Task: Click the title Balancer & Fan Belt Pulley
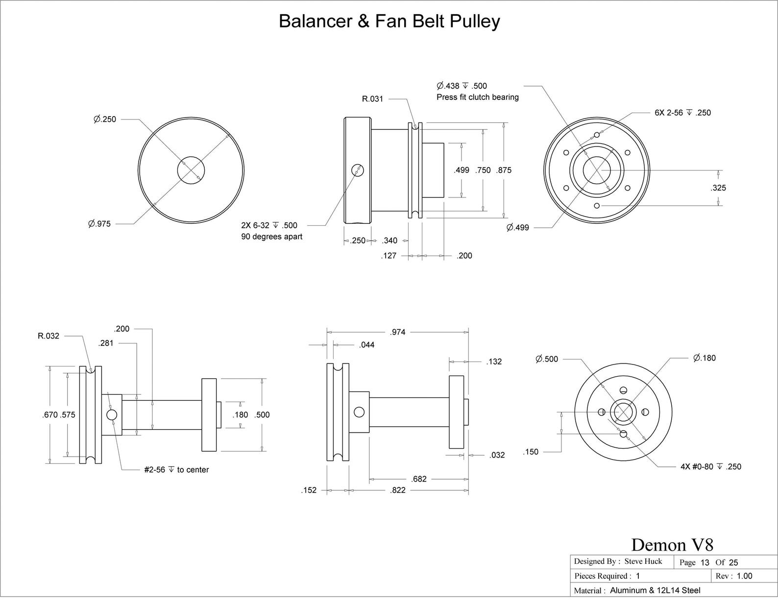[389, 22]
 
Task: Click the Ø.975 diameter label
[99, 224]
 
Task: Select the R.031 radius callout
[372, 99]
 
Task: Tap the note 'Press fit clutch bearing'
[477, 97]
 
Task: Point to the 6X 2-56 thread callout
[683, 113]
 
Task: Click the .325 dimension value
[718, 188]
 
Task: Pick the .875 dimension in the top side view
[504, 170]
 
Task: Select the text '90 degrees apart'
[272, 237]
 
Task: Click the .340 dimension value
[389, 241]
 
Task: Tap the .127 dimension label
[389, 256]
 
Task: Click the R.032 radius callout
[49, 336]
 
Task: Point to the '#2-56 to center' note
[176, 470]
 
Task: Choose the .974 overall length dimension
[397, 332]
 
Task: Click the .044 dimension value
[366, 345]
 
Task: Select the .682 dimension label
[418, 479]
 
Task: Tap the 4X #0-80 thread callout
[711, 467]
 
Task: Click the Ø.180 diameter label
[704, 358]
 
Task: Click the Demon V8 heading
[672, 545]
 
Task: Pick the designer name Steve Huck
[643, 561]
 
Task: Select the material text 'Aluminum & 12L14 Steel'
[655, 591]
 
